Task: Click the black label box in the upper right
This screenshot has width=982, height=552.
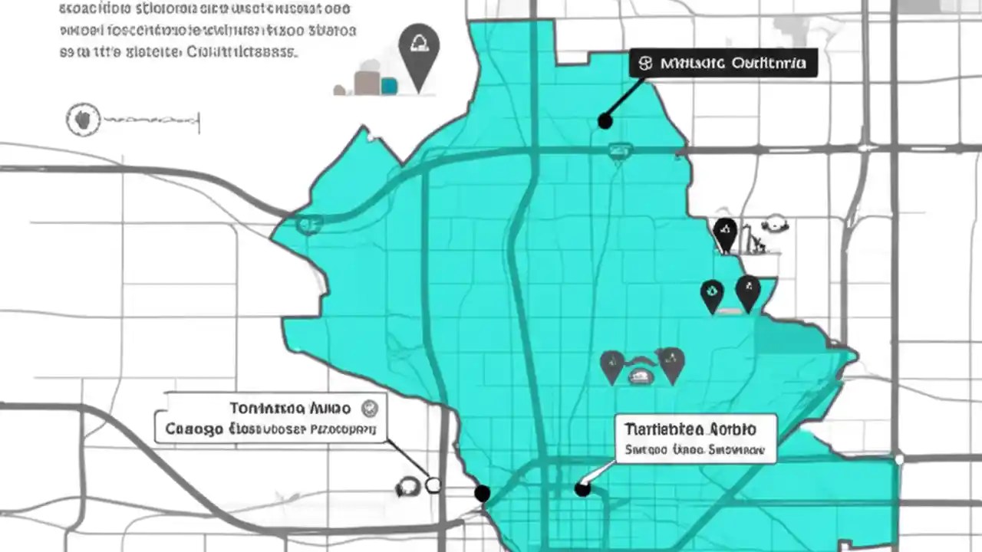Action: point(723,63)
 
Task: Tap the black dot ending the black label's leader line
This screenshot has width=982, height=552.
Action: point(605,120)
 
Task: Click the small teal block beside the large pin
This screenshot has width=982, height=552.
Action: point(389,85)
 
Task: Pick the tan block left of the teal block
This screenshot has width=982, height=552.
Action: point(367,82)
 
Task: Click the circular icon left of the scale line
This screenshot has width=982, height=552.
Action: point(83,120)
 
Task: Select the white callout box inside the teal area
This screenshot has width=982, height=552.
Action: point(695,439)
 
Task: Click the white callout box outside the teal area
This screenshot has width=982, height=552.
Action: point(270,418)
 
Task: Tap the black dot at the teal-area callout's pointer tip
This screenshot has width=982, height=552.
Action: point(582,488)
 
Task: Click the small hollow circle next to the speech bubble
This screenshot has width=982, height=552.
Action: point(433,485)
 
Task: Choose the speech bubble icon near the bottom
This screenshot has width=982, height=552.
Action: point(407,487)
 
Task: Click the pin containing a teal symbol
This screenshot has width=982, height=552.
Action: point(712,294)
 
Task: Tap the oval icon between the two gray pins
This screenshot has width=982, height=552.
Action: point(641,375)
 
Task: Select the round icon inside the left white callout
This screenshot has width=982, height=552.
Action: point(369,407)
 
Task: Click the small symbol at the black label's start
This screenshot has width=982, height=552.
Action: point(645,64)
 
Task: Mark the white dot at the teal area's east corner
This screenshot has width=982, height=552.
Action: point(899,460)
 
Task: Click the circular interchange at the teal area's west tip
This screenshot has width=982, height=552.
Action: point(308,224)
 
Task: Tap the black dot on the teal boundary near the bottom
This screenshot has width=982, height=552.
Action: point(482,493)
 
